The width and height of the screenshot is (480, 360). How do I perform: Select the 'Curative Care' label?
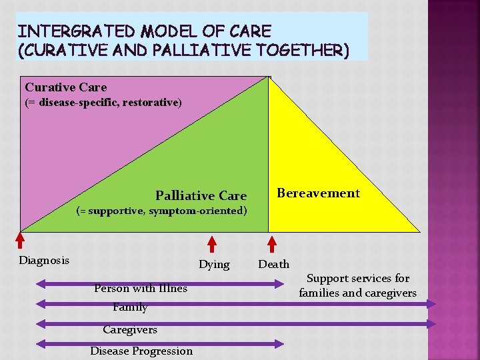[65, 87]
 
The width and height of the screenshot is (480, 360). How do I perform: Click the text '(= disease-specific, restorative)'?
[103, 103]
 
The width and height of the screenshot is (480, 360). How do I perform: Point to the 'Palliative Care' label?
[201, 195]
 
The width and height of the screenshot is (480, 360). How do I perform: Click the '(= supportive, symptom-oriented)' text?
[161, 211]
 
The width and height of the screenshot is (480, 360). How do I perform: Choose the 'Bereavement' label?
[318, 193]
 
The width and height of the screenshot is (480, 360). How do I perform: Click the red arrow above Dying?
[213, 243]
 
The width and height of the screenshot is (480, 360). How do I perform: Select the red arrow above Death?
[271, 243]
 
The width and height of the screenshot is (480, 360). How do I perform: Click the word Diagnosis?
[44, 260]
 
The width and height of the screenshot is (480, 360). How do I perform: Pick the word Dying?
[214, 265]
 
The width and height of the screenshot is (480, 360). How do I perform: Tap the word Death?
[273, 265]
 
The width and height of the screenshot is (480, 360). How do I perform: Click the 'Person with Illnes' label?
[141, 289]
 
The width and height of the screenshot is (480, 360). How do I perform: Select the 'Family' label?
[130, 307]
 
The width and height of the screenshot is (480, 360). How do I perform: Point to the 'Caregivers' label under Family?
[130, 329]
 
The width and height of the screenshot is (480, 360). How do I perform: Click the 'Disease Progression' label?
[141, 351]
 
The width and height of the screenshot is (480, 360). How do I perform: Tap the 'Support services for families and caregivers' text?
[357, 285]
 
